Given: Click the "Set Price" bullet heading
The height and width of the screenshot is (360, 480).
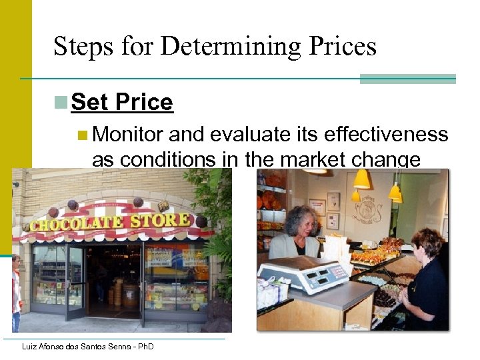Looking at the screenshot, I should click(x=121, y=102).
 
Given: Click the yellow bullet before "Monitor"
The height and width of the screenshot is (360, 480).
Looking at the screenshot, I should click(x=82, y=135).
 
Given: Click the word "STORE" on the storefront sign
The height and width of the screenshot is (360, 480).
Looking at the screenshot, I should click(x=163, y=219).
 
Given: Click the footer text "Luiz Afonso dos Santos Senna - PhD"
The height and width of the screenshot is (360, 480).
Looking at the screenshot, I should click(x=87, y=346).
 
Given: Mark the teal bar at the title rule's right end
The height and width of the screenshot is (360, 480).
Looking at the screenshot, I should click(x=407, y=79).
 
